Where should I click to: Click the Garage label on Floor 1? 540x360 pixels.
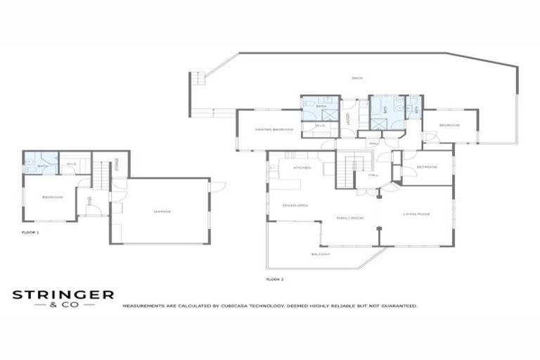click(162, 211)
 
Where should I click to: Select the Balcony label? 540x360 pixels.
click(320, 254)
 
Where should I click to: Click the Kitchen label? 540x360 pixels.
click(302, 169)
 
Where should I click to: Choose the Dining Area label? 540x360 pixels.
click(292, 205)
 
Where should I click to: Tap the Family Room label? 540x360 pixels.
click(349, 218)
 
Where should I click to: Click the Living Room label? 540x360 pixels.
click(416, 213)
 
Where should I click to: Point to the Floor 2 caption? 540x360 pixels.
click(274, 279)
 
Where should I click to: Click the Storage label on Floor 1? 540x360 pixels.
click(117, 165)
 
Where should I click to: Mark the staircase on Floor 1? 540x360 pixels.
click(101, 175)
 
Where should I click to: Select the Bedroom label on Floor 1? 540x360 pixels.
click(52, 198)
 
